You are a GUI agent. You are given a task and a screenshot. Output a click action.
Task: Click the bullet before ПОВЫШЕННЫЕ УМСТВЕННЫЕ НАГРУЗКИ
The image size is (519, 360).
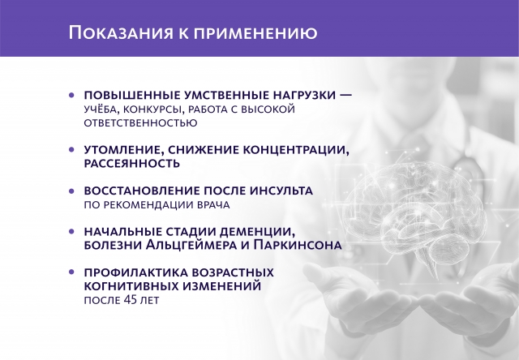pyautogui.click(x=72, y=95)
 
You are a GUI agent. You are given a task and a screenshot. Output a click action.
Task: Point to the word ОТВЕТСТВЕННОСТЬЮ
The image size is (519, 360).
pyautogui.click(x=140, y=123)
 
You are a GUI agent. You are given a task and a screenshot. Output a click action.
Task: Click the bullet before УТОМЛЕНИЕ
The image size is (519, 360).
pyautogui.click(x=72, y=150)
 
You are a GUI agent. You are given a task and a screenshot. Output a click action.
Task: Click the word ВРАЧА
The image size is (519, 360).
pyautogui.click(x=215, y=205)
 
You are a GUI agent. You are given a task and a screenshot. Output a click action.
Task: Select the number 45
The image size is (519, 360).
pyautogui.click(x=135, y=301)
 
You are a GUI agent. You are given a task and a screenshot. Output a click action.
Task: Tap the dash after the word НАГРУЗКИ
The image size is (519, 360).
pyautogui.click(x=345, y=95)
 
